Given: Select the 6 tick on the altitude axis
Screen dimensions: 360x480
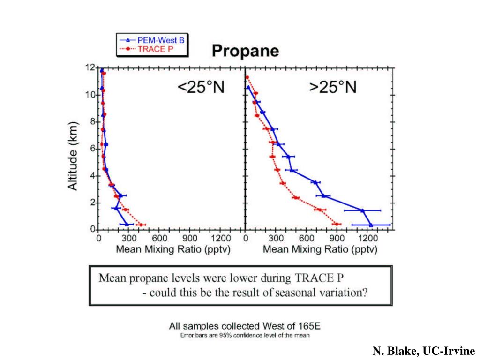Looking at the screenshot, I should pyautogui.click(x=93, y=149).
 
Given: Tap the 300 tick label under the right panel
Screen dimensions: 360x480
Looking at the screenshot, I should pyautogui.click(x=276, y=238).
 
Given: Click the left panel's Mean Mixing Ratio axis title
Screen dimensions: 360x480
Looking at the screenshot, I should pyautogui.click(x=173, y=249).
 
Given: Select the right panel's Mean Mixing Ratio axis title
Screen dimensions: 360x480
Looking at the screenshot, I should pyautogui.click(x=320, y=249).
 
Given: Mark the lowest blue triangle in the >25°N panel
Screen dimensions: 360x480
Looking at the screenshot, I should pyautogui.click(x=371, y=225).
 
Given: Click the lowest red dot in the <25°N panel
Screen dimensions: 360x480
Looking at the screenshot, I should pyautogui.click(x=141, y=225).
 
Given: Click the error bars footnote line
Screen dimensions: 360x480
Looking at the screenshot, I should pyautogui.click(x=245, y=335).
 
